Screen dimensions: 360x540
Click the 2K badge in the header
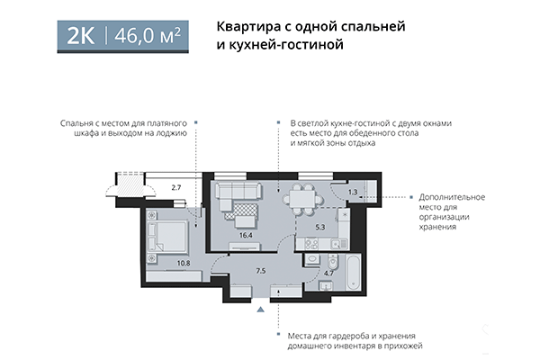[83, 36]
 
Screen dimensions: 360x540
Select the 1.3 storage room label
[353, 192]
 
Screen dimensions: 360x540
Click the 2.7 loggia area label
[176, 187]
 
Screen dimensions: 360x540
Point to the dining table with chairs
[309, 194]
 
